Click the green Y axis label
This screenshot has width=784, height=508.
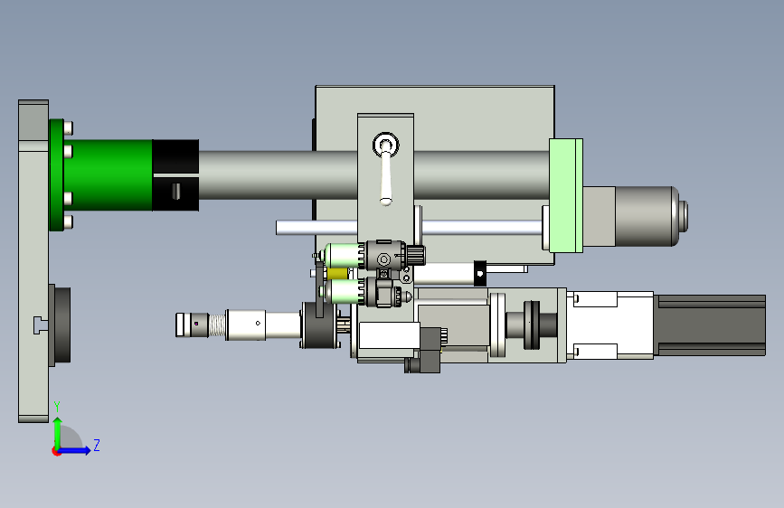coord(57,406)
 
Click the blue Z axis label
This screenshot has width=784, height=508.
coord(97,445)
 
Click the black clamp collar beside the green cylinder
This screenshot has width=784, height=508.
coord(175,175)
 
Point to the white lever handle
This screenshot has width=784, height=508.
coord(385,177)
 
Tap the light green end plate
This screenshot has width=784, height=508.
coord(566,195)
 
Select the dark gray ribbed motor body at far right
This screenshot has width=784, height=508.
coord(710,325)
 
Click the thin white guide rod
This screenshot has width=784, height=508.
coord(409,228)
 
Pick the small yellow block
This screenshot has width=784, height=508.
coord(337,274)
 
